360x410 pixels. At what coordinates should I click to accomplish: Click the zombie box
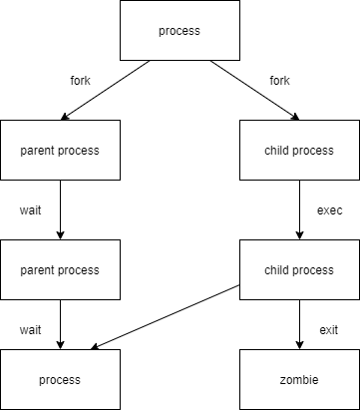[299, 379]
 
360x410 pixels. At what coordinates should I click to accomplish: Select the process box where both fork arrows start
[180, 30]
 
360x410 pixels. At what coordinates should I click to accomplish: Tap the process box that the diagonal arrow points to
[60, 379]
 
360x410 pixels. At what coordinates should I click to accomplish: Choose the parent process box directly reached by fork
[60, 150]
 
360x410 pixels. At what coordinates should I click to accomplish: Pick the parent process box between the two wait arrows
[60, 269]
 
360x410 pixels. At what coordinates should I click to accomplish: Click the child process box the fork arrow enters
[299, 150]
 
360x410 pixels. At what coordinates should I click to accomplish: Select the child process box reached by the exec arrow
[299, 269]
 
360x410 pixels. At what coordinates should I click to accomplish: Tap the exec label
[329, 210]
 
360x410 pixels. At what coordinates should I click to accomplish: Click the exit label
[329, 330]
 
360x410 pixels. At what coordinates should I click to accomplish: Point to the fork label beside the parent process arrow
[80, 80]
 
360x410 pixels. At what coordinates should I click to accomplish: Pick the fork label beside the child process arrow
[279, 80]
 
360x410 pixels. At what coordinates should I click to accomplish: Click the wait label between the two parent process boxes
[30, 210]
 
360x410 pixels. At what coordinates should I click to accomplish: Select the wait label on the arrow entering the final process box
[30, 330]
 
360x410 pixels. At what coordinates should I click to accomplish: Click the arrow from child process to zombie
[299, 324]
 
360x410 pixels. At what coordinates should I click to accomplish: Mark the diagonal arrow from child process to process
[166, 317]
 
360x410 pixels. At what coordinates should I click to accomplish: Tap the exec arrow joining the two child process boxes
[299, 209]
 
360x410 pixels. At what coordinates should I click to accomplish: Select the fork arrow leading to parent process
[105, 90]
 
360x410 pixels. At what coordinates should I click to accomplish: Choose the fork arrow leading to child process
[254, 90]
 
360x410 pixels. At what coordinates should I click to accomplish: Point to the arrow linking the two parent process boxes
[60, 209]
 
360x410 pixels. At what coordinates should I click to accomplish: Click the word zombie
[299, 379]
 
